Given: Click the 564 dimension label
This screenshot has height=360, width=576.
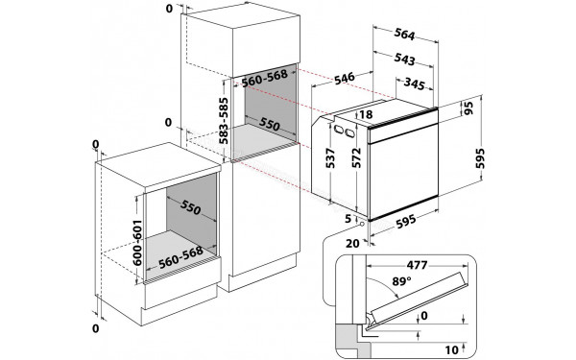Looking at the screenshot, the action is (x=404, y=34).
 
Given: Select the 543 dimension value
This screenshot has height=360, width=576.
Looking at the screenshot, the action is (x=404, y=59).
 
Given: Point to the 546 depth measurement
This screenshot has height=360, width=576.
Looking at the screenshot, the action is (x=345, y=79).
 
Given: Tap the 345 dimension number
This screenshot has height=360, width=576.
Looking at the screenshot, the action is (x=415, y=84).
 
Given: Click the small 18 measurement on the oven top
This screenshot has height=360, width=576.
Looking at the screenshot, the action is (x=366, y=114).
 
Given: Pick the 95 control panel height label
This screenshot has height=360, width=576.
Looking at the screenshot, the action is (x=468, y=108).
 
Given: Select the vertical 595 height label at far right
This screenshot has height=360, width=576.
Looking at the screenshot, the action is (x=480, y=158).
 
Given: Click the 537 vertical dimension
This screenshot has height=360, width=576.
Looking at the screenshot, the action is (x=330, y=158).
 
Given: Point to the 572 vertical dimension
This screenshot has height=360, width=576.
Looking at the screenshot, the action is (x=356, y=158).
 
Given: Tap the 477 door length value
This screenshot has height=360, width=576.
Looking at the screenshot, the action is (x=417, y=265).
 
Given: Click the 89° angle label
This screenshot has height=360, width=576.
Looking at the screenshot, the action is (x=401, y=281).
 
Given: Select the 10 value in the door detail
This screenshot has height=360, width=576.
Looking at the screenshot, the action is (x=452, y=349).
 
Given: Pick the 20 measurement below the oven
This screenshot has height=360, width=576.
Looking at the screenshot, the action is (x=352, y=243).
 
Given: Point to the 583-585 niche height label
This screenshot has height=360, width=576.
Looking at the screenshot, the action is (x=223, y=121).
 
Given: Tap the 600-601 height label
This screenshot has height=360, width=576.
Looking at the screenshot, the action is (x=136, y=243).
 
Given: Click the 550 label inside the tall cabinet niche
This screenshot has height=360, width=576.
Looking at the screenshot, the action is (x=269, y=124).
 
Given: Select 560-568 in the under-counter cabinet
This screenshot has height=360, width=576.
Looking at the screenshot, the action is (x=180, y=256).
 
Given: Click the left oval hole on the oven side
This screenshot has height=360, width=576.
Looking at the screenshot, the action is (x=339, y=130).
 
